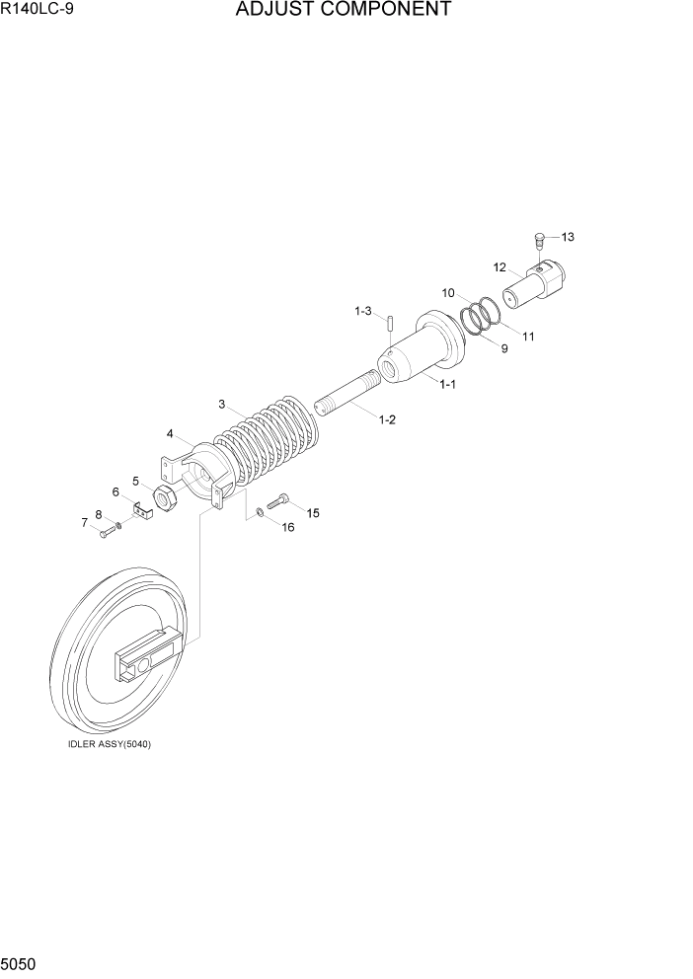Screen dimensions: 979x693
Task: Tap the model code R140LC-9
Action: point(37,10)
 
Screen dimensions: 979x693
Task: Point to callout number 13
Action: point(568,237)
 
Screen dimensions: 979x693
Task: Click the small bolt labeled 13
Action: point(539,238)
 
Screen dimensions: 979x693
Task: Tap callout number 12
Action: point(500,266)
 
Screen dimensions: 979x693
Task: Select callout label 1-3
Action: point(363,311)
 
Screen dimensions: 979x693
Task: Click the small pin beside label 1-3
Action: point(391,323)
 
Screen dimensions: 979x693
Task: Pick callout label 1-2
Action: point(387,419)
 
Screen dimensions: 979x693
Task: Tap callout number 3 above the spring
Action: point(222,403)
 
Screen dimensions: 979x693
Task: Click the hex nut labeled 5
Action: point(167,499)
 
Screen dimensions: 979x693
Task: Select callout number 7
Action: point(85,521)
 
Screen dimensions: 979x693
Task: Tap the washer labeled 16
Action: point(258,512)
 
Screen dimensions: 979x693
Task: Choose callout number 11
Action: point(528,336)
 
